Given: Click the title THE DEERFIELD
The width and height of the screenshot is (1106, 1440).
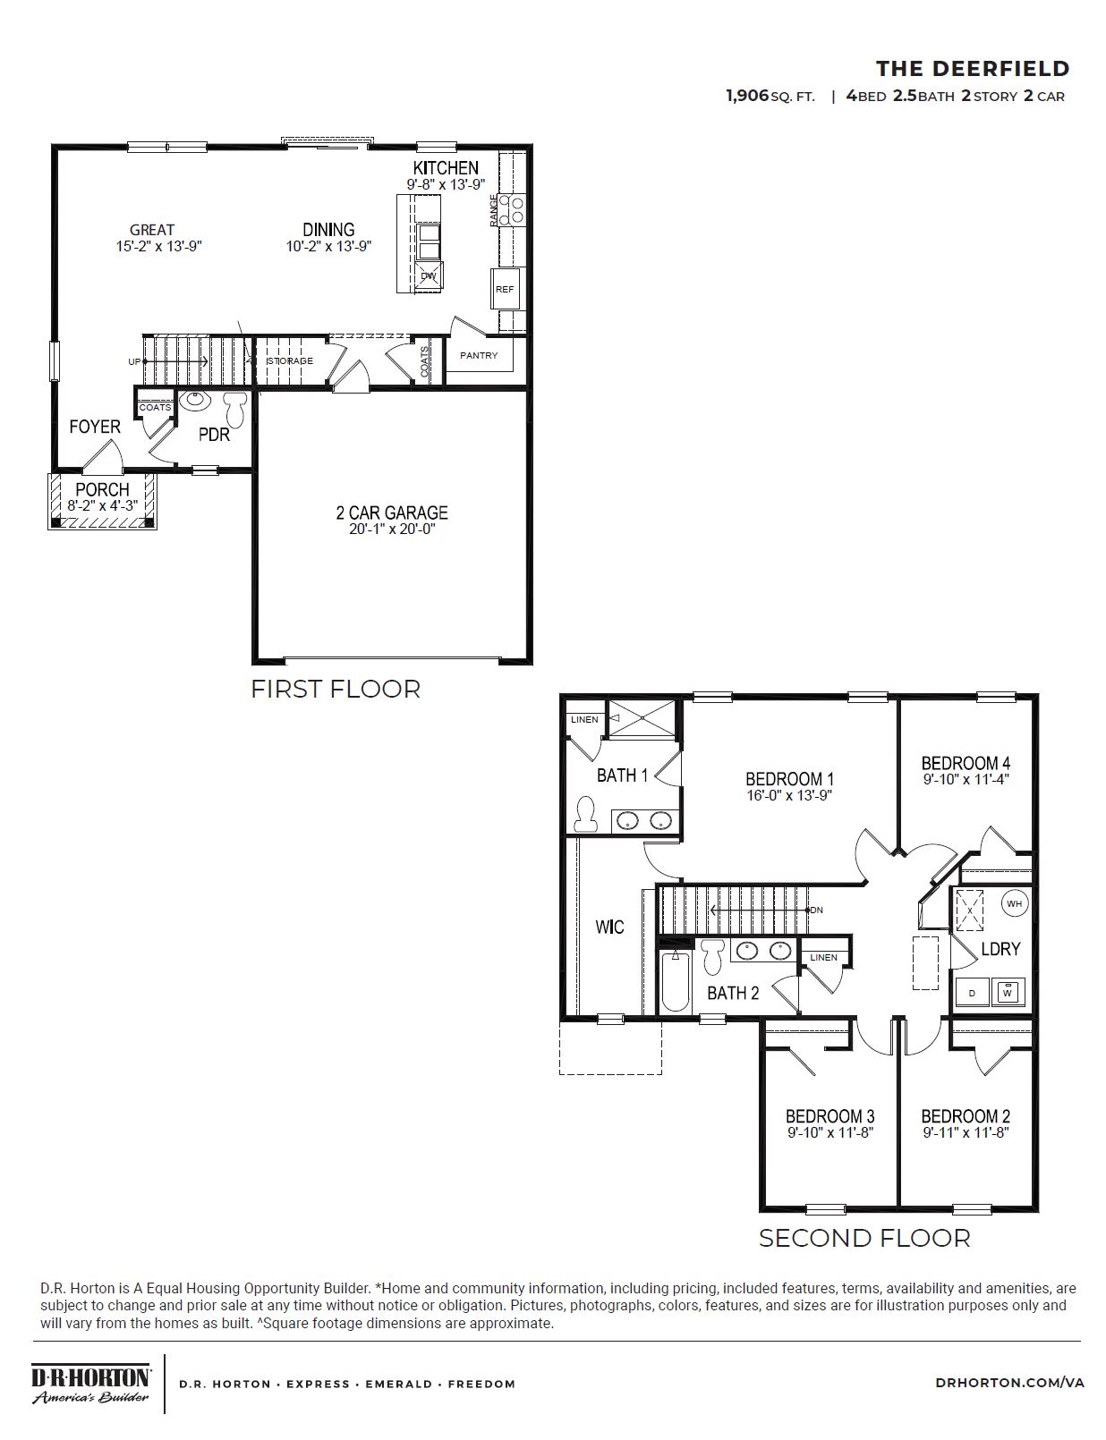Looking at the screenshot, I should click(x=972, y=69).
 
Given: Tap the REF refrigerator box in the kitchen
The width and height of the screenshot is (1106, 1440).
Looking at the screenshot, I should click(x=505, y=289).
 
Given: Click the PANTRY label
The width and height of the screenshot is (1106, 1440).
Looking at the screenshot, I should click(x=479, y=355).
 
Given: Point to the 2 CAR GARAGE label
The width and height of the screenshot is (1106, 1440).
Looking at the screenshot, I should click(x=392, y=512).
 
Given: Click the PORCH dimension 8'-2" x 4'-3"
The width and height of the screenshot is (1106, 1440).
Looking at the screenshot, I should click(x=102, y=506).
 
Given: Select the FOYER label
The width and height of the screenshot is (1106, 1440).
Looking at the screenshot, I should click(x=95, y=427).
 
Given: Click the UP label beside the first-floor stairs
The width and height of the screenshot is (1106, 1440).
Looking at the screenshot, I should click(x=134, y=362).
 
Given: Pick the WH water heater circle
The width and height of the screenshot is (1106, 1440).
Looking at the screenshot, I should click(x=1013, y=903).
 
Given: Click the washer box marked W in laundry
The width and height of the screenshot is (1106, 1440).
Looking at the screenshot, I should click(x=1008, y=991).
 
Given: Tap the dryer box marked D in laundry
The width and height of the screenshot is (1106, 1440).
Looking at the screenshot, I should click(x=973, y=992).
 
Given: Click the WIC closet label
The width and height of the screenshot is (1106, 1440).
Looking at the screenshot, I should click(x=609, y=927).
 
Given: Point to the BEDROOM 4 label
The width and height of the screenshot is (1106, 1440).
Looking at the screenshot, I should click(x=966, y=763).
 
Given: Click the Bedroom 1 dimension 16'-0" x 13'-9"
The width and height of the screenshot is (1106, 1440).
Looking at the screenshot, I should click(x=789, y=795).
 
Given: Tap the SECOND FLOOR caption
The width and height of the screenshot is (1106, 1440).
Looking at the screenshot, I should click(x=864, y=1238).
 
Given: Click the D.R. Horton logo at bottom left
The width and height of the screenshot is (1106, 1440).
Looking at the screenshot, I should click(x=90, y=1383).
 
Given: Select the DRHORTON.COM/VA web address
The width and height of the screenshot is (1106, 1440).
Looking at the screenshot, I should click(x=1009, y=1383).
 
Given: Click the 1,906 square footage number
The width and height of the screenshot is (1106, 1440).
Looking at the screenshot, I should click(x=747, y=96).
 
